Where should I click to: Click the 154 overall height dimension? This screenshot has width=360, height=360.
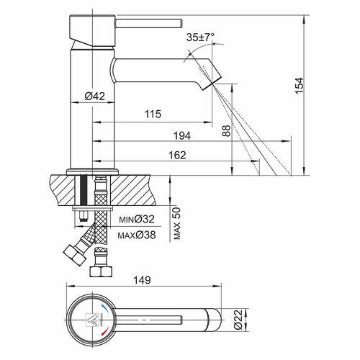(300, 86)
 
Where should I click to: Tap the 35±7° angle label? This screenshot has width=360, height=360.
(201, 37)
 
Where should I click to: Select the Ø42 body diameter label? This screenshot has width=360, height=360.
(95, 96)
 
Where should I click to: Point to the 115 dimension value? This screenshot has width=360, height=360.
(153, 114)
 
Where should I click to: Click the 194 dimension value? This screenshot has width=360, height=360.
(182, 136)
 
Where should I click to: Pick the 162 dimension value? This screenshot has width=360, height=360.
(177, 156)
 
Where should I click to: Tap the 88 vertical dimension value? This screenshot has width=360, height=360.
(226, 131)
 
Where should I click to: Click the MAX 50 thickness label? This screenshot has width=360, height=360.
(177, 223)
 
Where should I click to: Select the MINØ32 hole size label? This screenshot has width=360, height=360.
(137, 219)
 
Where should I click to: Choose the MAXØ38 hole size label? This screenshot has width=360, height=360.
(137, 235)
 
